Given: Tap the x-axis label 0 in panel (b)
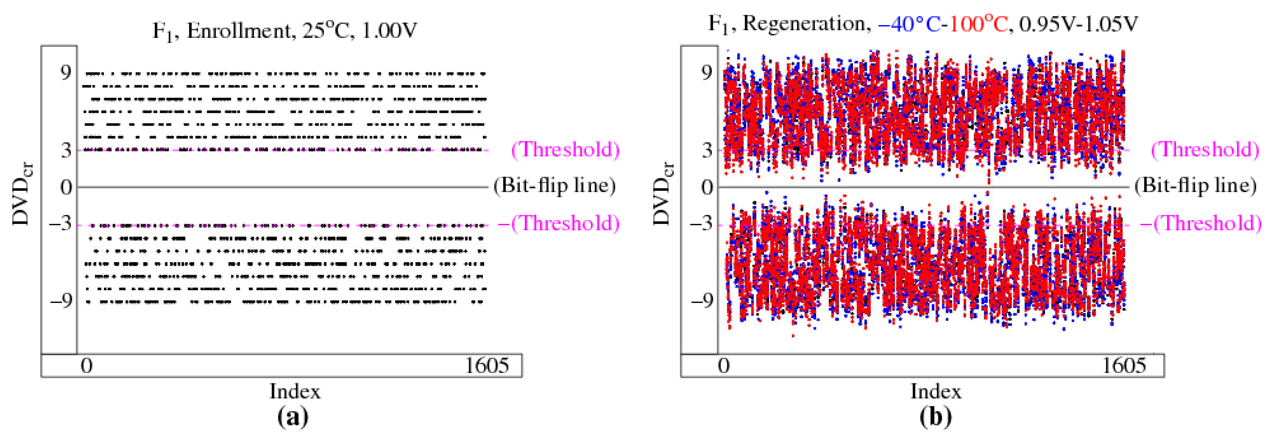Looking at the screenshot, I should (x=724, y=366).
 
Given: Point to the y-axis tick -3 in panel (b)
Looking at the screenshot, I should (x=701, y=224).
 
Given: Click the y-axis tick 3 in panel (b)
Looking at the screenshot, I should (x=707, y=150).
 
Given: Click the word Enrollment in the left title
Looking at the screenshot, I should (x=240, y=31).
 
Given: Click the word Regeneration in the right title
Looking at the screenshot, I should (x=803, y=23).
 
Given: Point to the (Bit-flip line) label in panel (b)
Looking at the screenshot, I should (x=1195, y=186).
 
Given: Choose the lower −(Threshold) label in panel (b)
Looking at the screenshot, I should (x=1200, y=224).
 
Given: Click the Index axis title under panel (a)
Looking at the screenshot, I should (x=295, y=392).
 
